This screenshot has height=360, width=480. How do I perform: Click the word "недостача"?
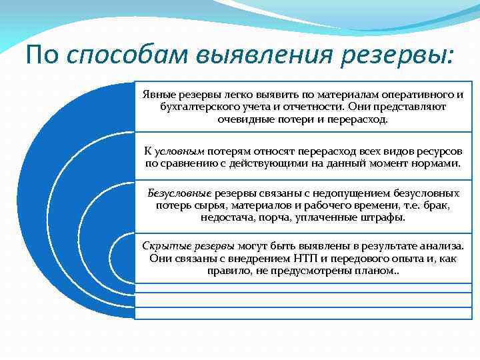(227, 217)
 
